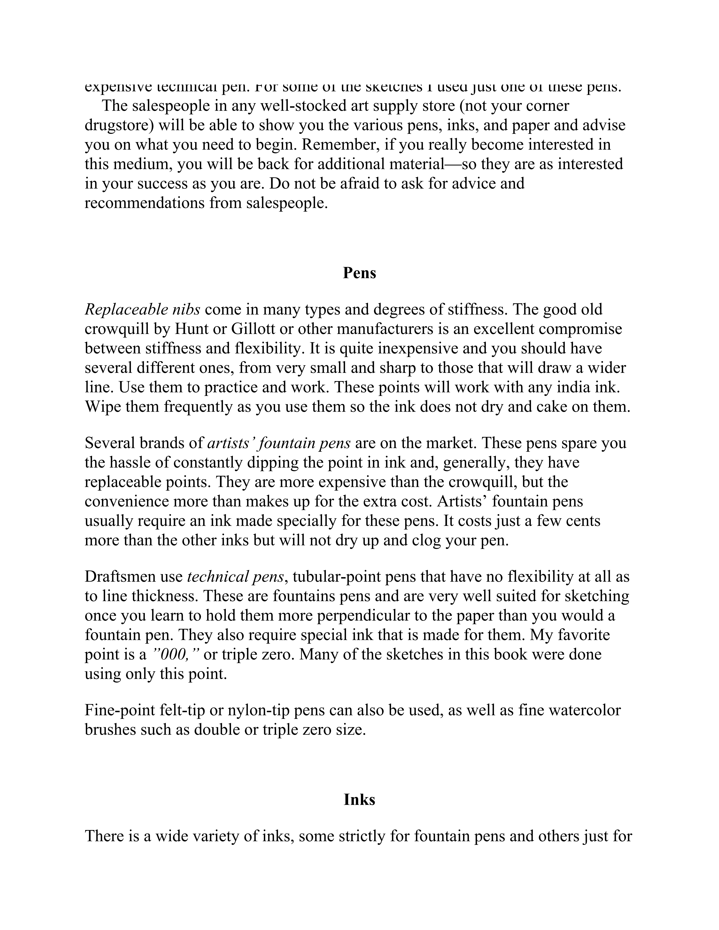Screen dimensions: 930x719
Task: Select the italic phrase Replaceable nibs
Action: pyautogui.click(x=142, y=310)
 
